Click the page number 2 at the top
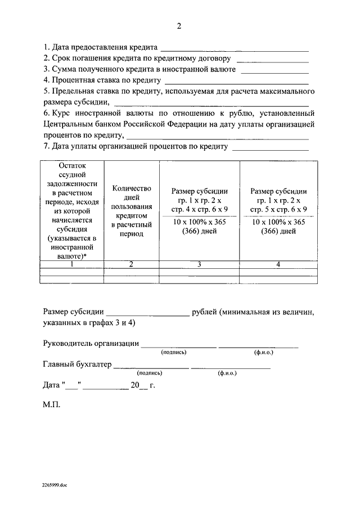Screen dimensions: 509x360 tap(179, 26)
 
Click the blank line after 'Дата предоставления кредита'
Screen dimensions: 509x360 tap(235, 49)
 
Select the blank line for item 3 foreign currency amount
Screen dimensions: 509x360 tap(274, 72)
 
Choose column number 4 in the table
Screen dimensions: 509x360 tap(278, 264)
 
